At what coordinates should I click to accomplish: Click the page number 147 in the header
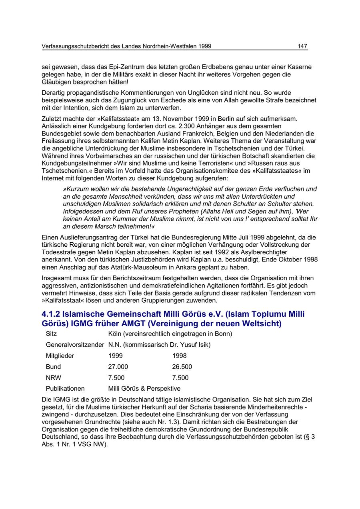[x=302, y=46]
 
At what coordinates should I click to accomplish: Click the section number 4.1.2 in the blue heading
[x=52, y=314]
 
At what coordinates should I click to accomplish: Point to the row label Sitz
[x=51, y=333]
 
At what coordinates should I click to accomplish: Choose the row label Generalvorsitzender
[x=75, y=345]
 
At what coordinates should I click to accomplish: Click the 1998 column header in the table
[x=179, y=355]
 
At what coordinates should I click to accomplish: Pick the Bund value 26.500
[x=182, y=367]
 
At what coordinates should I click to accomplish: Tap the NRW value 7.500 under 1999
[x=116, y=377]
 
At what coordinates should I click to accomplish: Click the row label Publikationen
[x=65, y=388]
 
